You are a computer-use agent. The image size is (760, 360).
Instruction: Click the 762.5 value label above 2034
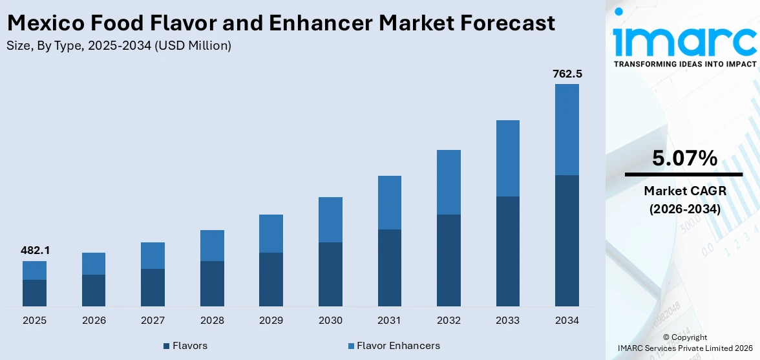pos(567,74)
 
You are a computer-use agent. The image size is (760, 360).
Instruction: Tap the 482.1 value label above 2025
pos(34,250)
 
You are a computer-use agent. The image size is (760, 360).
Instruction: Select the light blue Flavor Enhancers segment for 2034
pos(567,129)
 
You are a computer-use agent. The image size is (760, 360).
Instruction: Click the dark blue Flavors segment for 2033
pos(507,251)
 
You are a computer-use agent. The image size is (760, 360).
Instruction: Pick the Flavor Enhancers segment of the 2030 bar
pos(330,220)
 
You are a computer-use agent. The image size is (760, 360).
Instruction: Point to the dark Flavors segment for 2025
pos(34,293)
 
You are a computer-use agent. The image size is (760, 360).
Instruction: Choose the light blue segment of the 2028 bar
pos(212,246)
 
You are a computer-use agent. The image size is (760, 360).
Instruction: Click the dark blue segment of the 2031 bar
pos(389,268)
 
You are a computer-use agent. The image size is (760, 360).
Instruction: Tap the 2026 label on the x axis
pos(94,321)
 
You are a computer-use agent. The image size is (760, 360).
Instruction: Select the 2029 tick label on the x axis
pos(271,321)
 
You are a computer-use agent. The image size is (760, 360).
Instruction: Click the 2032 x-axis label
pos(449,321)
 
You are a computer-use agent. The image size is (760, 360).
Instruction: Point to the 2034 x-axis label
pos(567,321)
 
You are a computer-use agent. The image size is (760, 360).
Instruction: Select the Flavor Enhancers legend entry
pos(394,346)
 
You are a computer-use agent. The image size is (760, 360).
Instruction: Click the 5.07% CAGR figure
pos(684,158)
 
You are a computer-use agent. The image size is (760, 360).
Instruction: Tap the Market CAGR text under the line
pos(684,191)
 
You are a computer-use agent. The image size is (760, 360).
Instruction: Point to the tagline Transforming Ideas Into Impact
pos(684,64)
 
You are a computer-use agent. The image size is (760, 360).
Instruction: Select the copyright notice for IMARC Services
pos(685,343)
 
